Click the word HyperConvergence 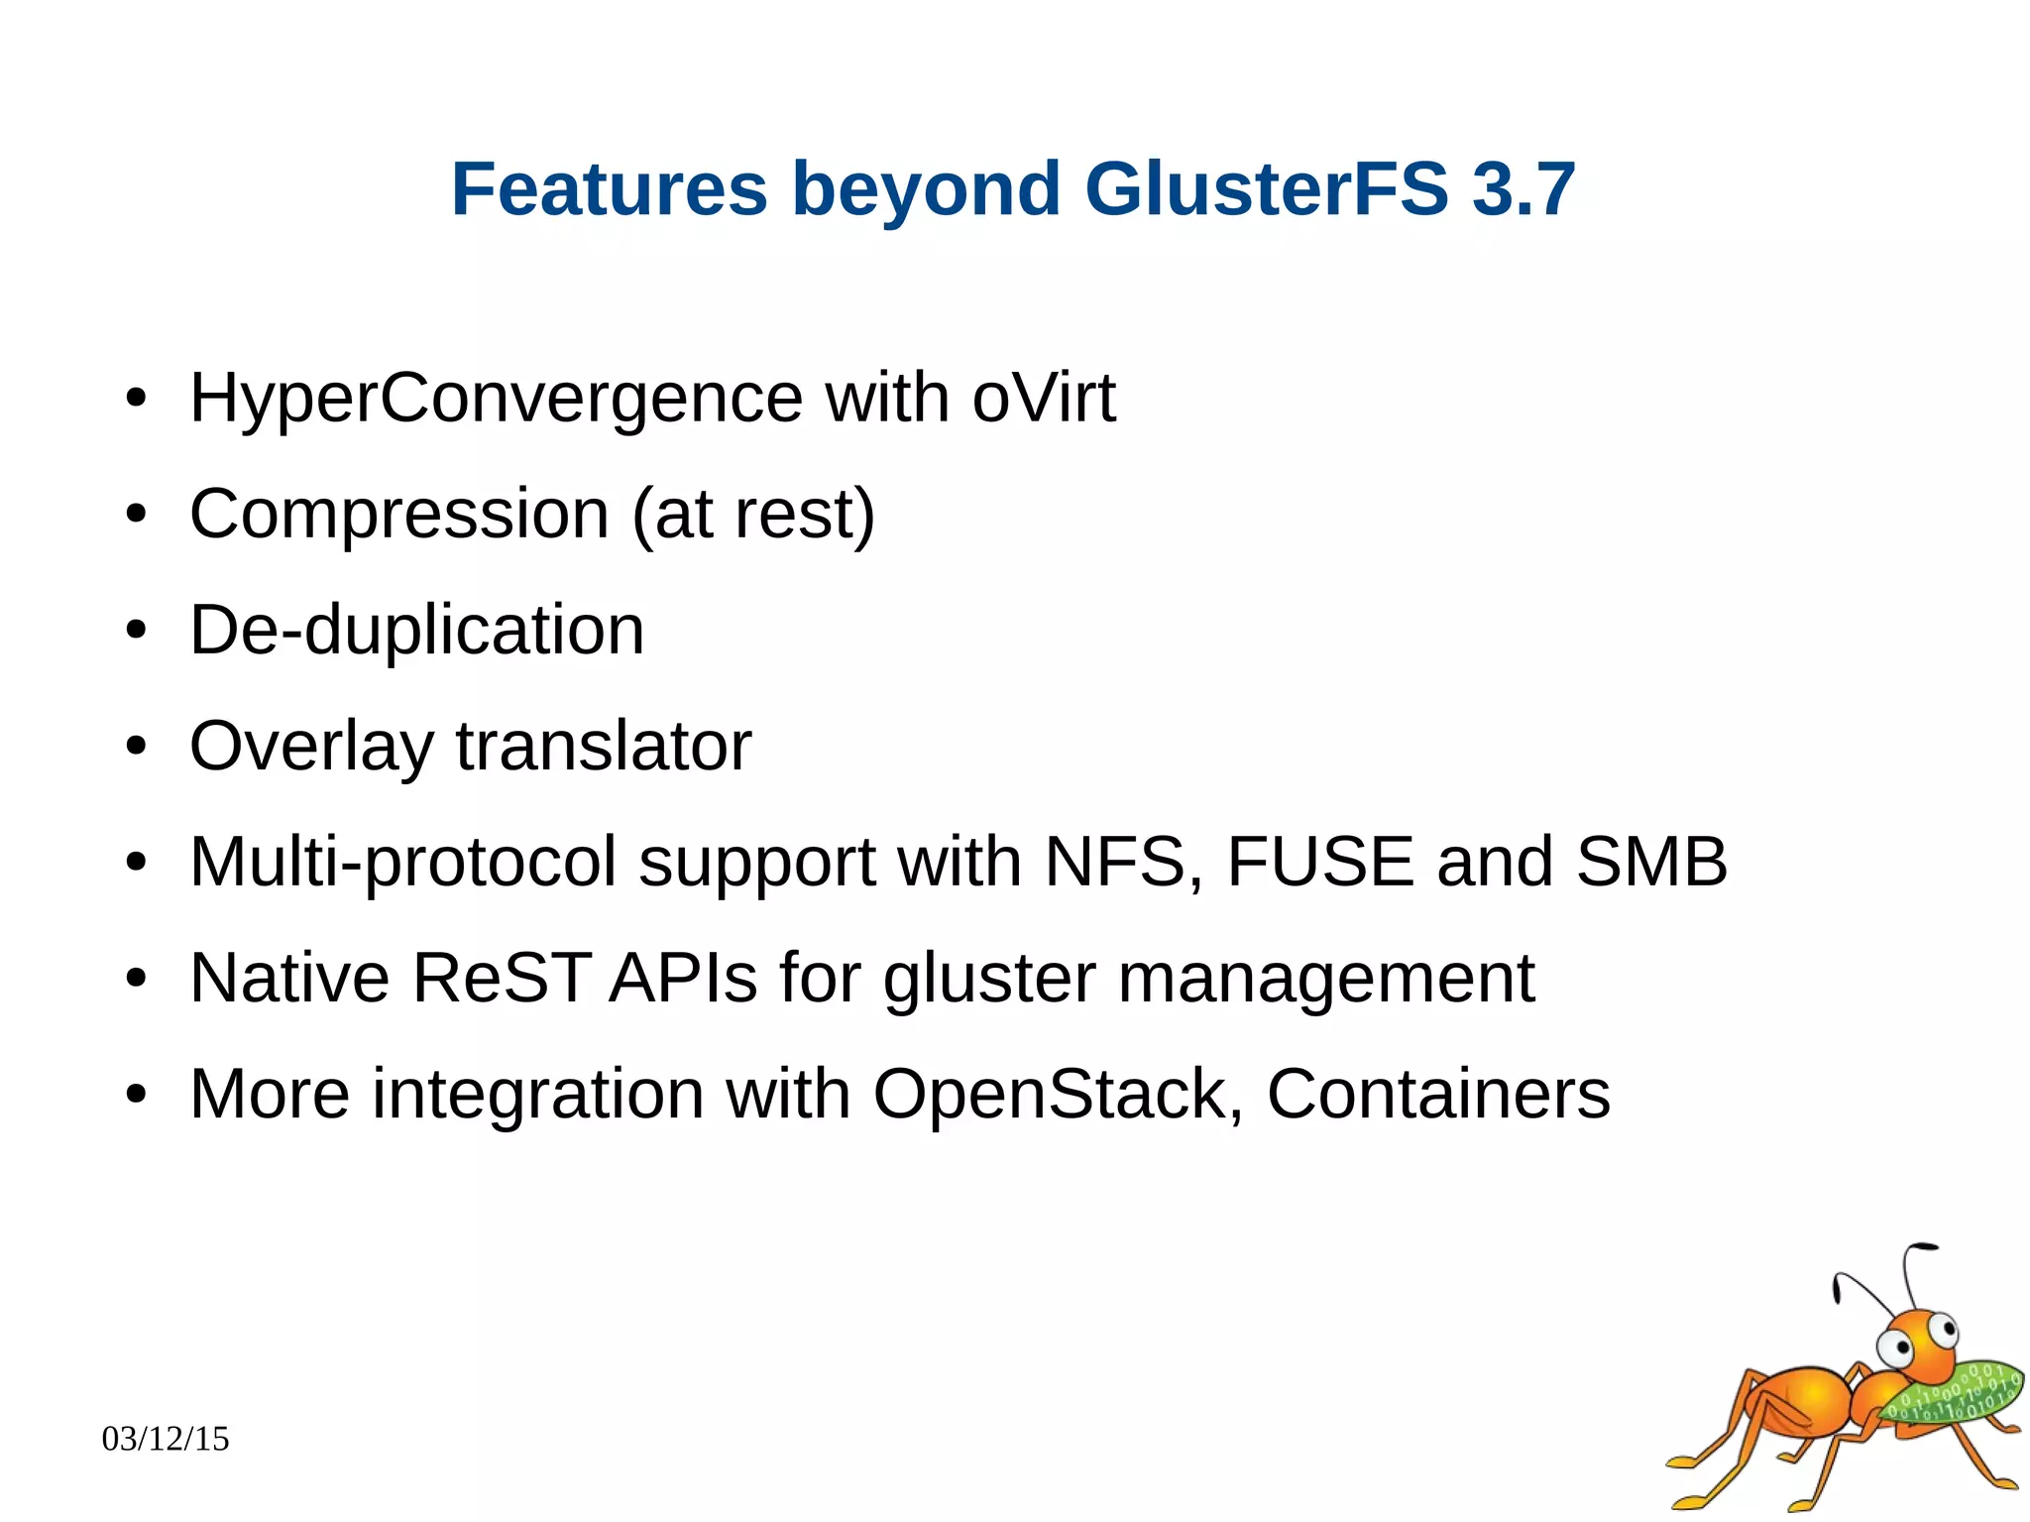click(x=496, y=399)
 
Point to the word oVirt click(x=1044, y=399)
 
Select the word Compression click(x=398, y=514)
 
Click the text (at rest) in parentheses click(x=753, y=516)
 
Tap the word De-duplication click(x=416, y=631)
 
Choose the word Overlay click(x=311, y=747)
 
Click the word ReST click(x=502, y=979)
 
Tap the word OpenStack click(x=1050, y=1094)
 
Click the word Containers click(x=1438, y=1094)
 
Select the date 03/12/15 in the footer click(x=166, y=1439)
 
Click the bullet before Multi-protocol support click(x=136, y=863)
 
